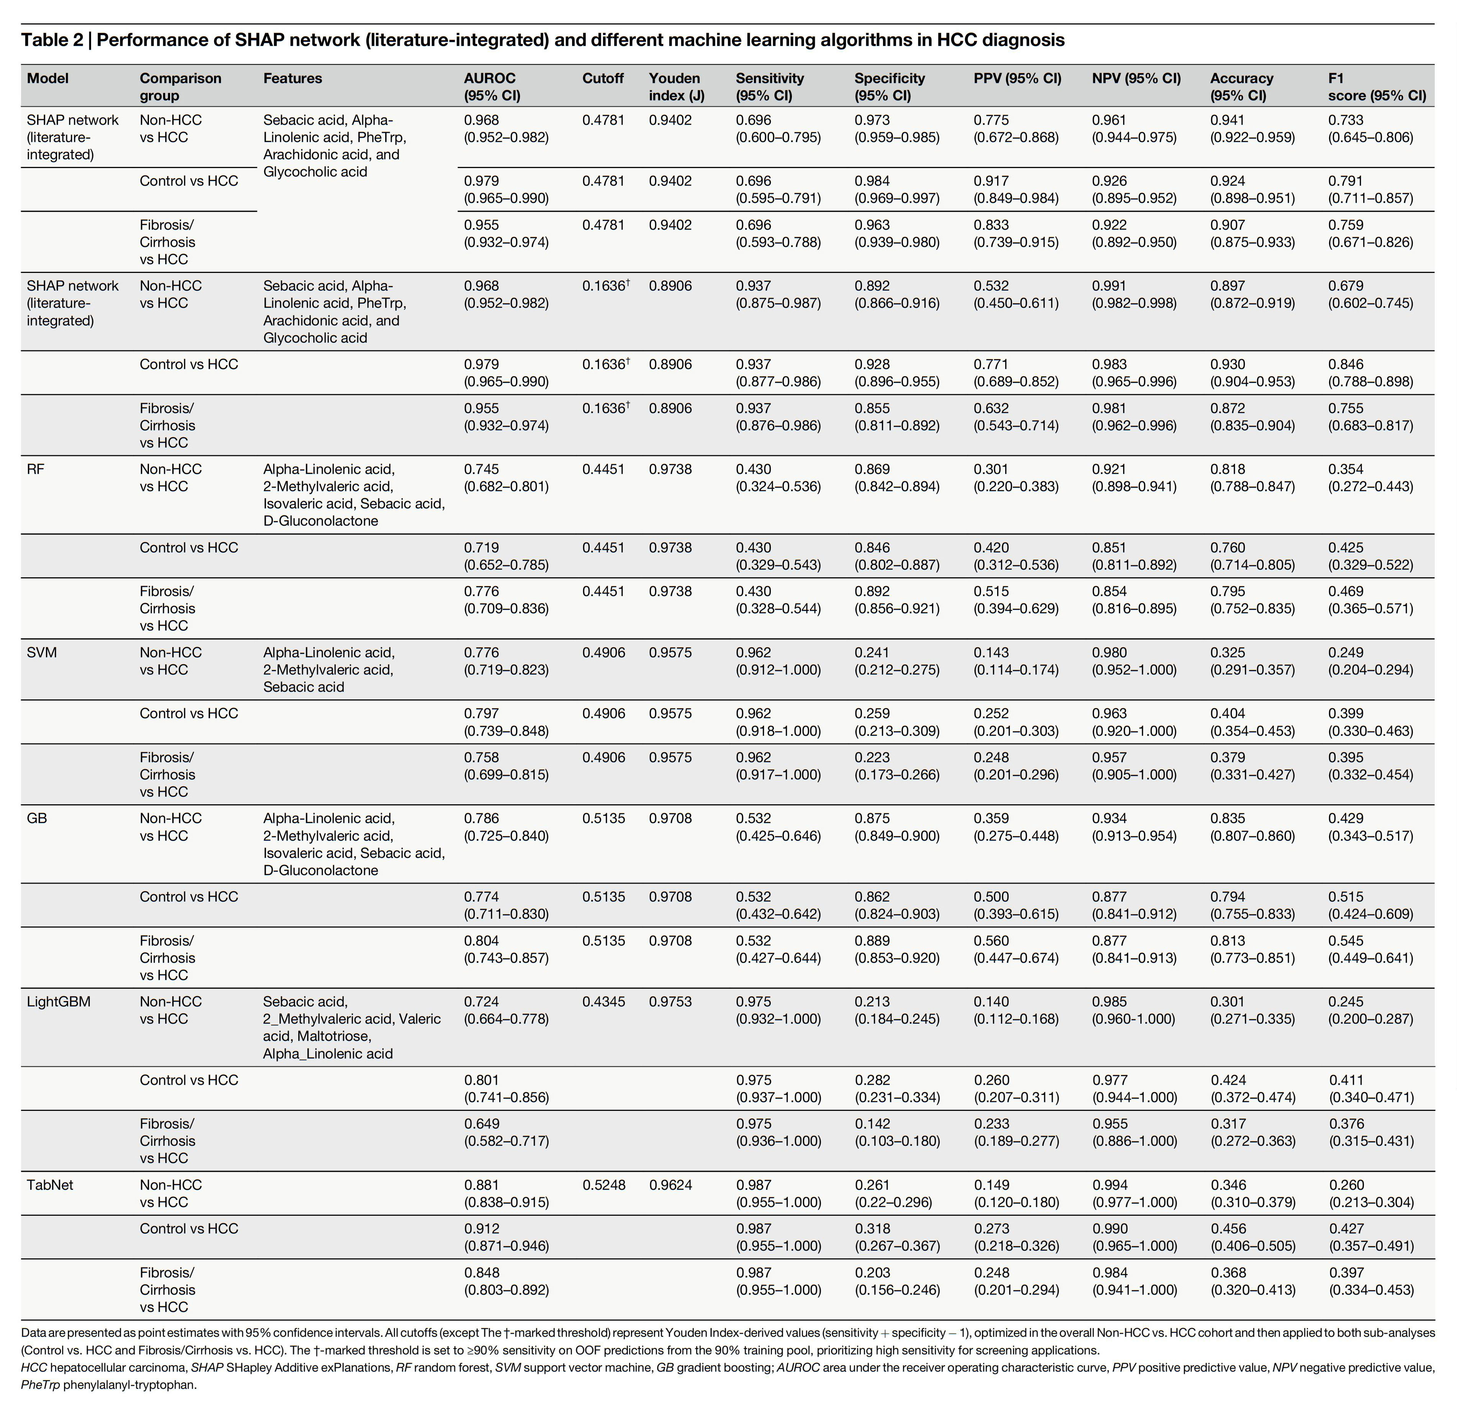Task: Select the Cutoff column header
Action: [x=603, y=78]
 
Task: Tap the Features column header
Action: [x=293, y=78]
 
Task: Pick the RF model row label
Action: [x=36, y=469]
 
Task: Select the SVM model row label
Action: [x=42, y=652]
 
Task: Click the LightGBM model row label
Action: [x=59, y=1002]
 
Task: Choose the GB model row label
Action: [x=37, y=818]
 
